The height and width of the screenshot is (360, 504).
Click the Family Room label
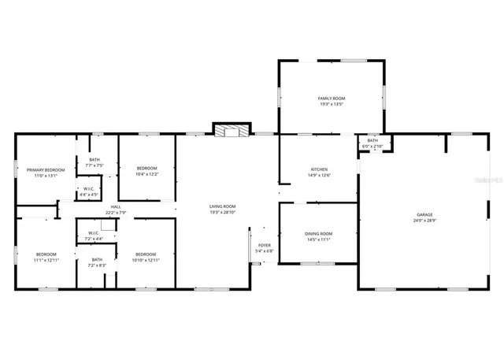[x=331, y=98]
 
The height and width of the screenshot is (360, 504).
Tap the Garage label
[x=424, y=214]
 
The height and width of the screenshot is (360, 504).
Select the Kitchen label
[x=318, y=169]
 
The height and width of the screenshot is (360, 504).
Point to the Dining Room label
[x=318, y=233]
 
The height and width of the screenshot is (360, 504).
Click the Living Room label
[x=222, y=206]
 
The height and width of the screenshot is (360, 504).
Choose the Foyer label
[x=265, y=245]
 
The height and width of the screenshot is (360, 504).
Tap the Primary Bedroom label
[x=45, y=169]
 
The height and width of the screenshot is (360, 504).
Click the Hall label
[x=115, y=206]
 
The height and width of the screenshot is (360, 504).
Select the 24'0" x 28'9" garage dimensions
[x=424, y=221]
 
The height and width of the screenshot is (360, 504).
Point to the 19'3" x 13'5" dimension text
[x=331, y=105]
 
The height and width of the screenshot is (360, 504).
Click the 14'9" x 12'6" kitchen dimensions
[x=318, y=176]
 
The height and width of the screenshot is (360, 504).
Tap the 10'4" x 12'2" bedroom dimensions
[x=146, y=175]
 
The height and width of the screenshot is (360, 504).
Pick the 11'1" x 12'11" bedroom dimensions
[x=46, y=260]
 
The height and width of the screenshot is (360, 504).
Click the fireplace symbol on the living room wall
[x=231, y=130]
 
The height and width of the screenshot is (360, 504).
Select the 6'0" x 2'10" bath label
[x=372, y=147]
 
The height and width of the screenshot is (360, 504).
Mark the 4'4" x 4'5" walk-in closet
[x=89, y=194]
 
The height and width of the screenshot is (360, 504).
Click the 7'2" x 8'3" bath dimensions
[x=96, y=266]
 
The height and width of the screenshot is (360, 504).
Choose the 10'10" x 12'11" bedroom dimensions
[x=146, y=260]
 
